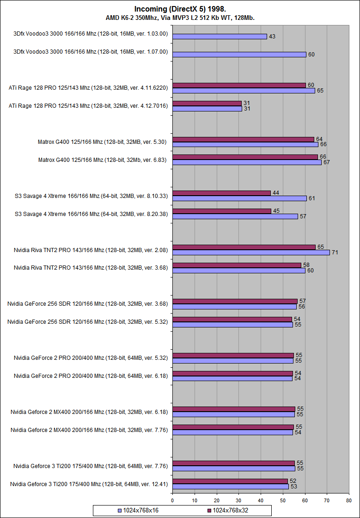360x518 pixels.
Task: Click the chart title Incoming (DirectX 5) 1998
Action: pyautogui.click(x=180, y=9)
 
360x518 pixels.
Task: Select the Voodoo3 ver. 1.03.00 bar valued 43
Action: pyautogui.click(x=220, y=37)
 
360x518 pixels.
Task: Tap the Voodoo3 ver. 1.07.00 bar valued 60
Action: pyautogui.click(x=239, y=55)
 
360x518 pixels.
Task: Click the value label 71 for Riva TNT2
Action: pyautogui.click(x=336, y=253)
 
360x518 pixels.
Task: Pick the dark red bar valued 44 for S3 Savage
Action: pyautogui.click(x=221, y=193)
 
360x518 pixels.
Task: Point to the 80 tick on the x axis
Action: pyautogui.click(x=349, y=500)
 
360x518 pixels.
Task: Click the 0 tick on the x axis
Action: pyautogui.click(x=172, y=500)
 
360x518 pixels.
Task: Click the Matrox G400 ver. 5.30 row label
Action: pyautogui.click(x=103, y=142)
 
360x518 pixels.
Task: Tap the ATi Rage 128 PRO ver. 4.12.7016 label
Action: pyautogui.click(x=88, y=106)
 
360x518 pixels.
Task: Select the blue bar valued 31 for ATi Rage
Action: pyautogui.click(x=207, y=109)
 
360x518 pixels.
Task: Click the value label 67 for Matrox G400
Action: pyautogui.click(x=326, y=162)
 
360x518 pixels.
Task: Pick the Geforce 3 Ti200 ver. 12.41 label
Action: pyautogui.click(x=89, y=484)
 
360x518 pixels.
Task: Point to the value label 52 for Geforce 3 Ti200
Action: pyautogui.click(x=293, y=481)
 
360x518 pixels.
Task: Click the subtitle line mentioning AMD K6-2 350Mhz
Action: pyautogui.click(x=180, y=18)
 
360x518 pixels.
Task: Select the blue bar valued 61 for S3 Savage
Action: pyautogui.click(x=239, y=198)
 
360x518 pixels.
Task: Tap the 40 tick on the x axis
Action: pyautogui.click(x=261, y=500)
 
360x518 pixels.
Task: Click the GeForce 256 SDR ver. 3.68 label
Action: pyautogui.click(x=87, y=304)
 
